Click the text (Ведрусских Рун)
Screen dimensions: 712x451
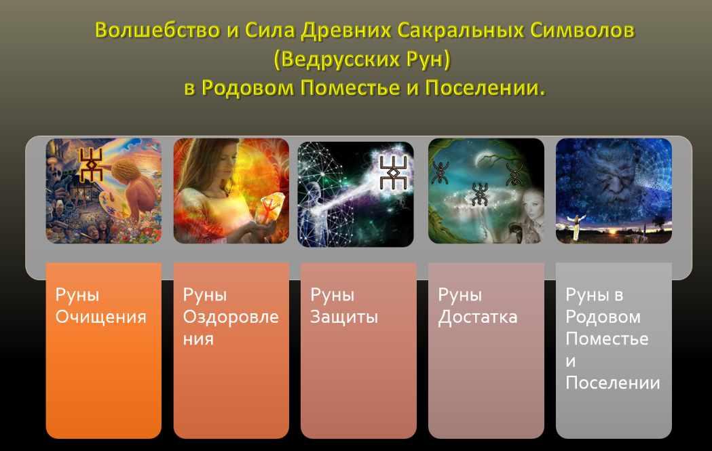tap(362, 60)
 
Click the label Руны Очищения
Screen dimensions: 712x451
tap(101, 305)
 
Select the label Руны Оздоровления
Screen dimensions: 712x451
tap(231, 316)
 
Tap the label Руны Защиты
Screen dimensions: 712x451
tap(343, 305)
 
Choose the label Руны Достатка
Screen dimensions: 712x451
tap(477, 305)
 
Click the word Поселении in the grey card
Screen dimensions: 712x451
tap(612, 383)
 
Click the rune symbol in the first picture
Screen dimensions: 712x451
tap(91, 164)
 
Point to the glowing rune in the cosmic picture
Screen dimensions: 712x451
tap(393, 172)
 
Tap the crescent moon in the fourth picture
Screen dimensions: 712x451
tap(482, 159)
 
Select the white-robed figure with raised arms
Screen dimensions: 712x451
tap(576, 225)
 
